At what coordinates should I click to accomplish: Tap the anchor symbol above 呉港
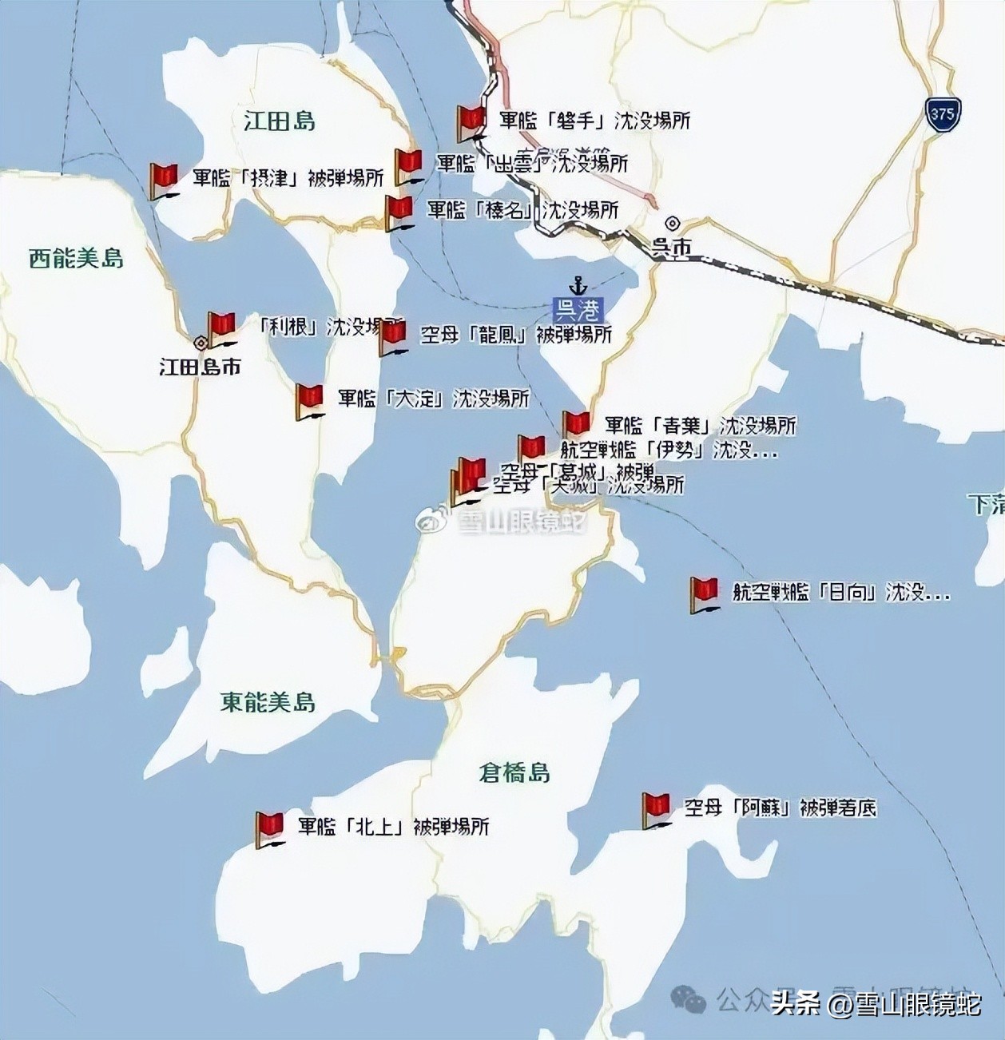(x=577, y=286)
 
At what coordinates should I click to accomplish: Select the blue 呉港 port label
(x=578, y=308)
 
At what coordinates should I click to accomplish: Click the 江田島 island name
(x=279, y=121)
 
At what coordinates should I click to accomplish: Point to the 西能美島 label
(x=76, y=258)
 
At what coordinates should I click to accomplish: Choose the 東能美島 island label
(x=268, y=702)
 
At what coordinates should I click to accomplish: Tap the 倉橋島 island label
(x=514, y=772)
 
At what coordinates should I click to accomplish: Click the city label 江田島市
(x=200, y=367)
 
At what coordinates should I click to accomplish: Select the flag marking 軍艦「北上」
(x=269, y=828)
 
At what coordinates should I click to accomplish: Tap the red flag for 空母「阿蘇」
(x=656, y=808)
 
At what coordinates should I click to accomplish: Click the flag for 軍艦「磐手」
(x=471, y=121)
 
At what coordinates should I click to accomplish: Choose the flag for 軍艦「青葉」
(x=575, y=424)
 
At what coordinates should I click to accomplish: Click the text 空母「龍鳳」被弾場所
(x=516, y=334)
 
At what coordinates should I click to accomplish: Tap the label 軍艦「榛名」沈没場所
(x=522, y=210)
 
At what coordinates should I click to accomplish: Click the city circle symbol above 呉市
(x=673, y=224)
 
